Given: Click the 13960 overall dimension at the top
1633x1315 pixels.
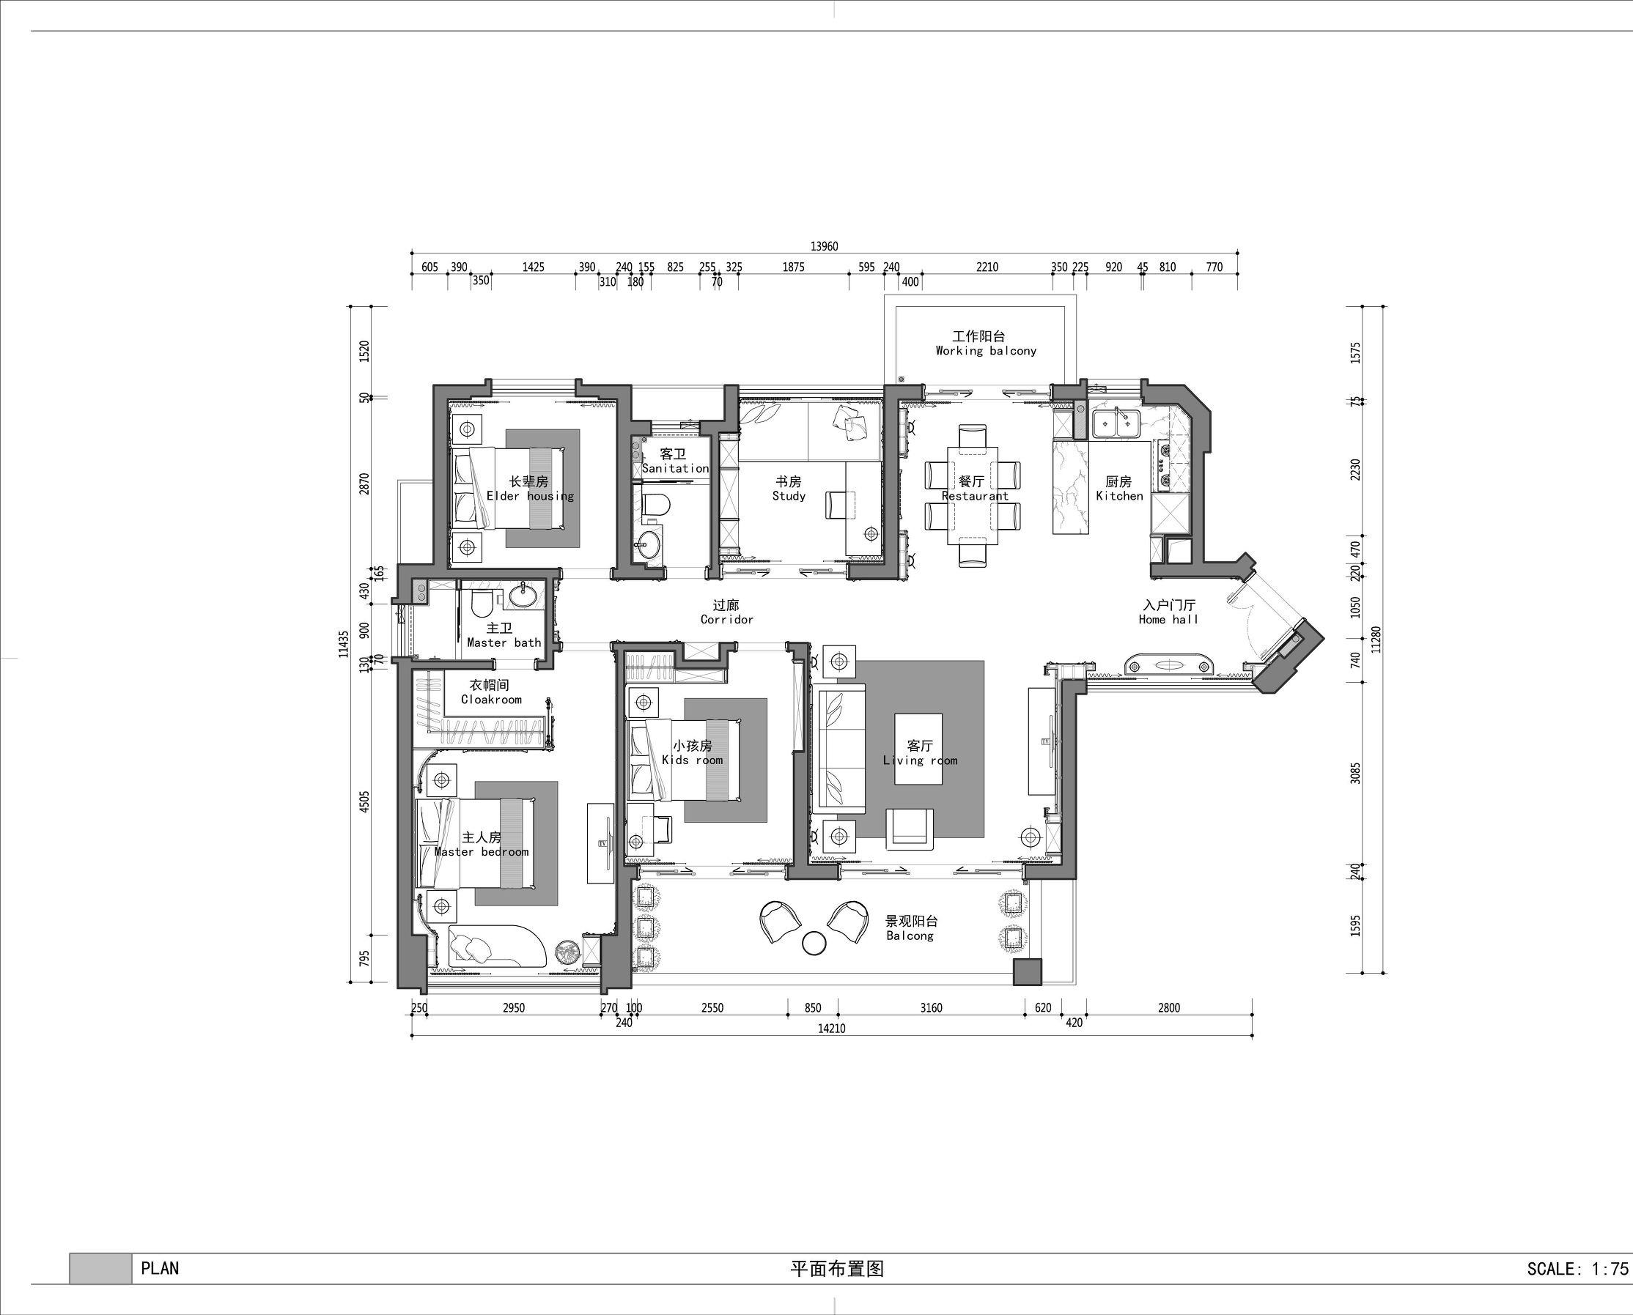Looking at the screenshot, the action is point(825,246).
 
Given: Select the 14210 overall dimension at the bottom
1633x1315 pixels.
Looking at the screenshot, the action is point(831,1028).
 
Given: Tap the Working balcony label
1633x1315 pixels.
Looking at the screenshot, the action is point(986,351).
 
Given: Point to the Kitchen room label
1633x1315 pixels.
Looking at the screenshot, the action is point(1119,496).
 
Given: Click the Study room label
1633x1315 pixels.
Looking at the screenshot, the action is point(789,496).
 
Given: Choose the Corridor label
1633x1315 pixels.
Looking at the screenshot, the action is point(726,620).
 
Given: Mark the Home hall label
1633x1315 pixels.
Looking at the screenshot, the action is point(1168,620).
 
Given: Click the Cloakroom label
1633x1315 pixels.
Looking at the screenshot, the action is point(491,700).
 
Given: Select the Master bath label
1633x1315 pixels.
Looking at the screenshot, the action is point(504,643).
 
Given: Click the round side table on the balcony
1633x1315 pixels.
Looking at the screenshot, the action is point(814,942).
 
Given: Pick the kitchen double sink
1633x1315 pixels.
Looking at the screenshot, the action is point(1117,424).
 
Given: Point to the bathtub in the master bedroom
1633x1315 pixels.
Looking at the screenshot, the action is point(497,945).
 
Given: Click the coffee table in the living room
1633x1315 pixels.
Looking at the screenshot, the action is point(918,749).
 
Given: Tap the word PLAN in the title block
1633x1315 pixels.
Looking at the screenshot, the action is point(160,1268).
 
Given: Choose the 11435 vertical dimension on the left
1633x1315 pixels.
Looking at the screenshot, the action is point(344,644).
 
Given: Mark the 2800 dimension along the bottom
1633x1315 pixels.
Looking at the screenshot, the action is point(1169,1008).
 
